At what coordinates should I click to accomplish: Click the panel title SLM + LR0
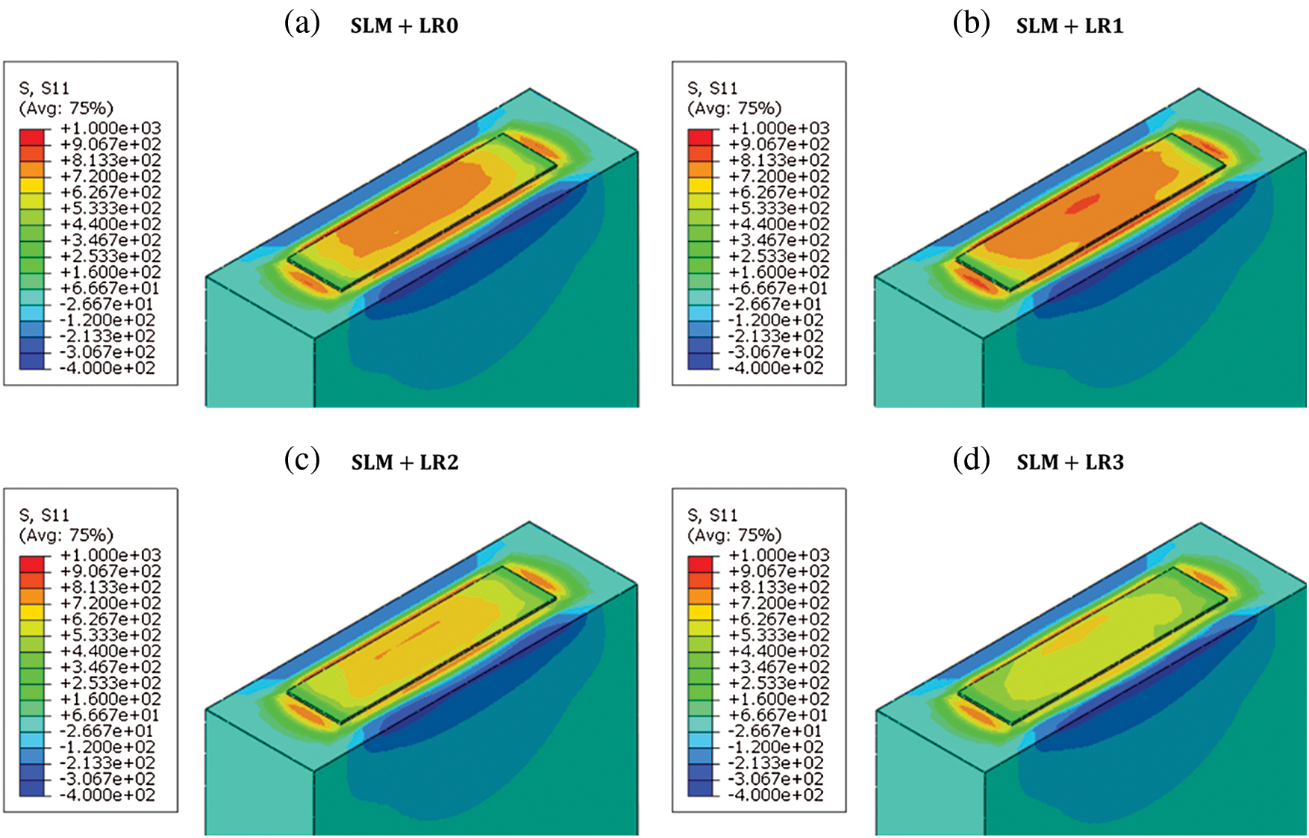point(404,26)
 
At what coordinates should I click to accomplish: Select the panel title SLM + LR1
point(1069,26)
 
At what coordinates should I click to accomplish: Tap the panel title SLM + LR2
point(404,462)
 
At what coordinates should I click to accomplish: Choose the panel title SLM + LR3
point(1070,462)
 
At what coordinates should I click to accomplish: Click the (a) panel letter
point(302,24)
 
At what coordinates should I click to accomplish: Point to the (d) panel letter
point(972,460)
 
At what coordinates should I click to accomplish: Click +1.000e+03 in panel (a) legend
point(110,128)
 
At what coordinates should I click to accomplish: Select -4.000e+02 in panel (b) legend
point(776,368)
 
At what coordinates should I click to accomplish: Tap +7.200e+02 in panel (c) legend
point(110,603)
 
